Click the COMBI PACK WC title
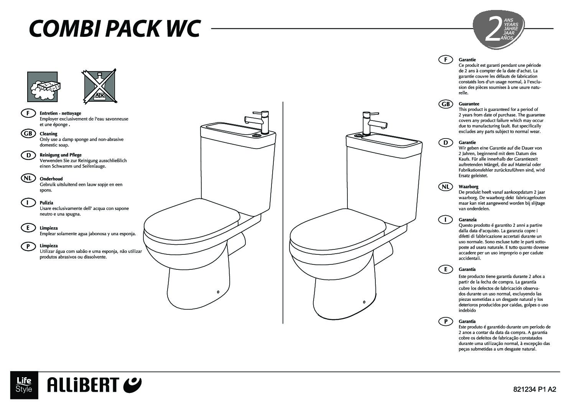pyautogui.click(x=115, y=28)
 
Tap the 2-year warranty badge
pyautogui.click(x=498, y=30)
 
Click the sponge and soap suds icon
pyautogui.click(x=43, y=87)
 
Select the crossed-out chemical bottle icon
pyautogui.click(x=99, y=86)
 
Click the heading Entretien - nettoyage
pyautogui.click(x=60, y=113)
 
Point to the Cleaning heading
pyautogui.click(x=48, y=134)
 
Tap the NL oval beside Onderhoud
pyautogui.click(x=28, y=178)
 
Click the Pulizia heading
pyautogui.click(x=46, y=203)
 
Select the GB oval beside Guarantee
pyautogui.click(x=446, y=104)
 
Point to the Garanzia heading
pyautogui.click(x=468, y=220)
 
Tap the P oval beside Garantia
pyautogui.click(x=446, y=321)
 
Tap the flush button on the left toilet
pyautogui.click(x=255, y=135)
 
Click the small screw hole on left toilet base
pyautogui.click(x=218, y=292)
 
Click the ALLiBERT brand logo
pyautogui.click(x=94, y=385)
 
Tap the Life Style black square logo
pyautogui.click(x=24, y=385)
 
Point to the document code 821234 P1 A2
pyautogui.click(x=535, y=389)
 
